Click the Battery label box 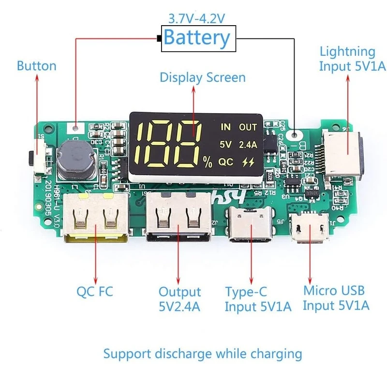196,37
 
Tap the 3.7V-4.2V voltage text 196,18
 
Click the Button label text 36,66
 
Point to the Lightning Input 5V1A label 347,59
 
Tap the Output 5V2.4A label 179,299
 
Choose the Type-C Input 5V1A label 251,299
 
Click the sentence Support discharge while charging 203,354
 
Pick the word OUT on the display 248,127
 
